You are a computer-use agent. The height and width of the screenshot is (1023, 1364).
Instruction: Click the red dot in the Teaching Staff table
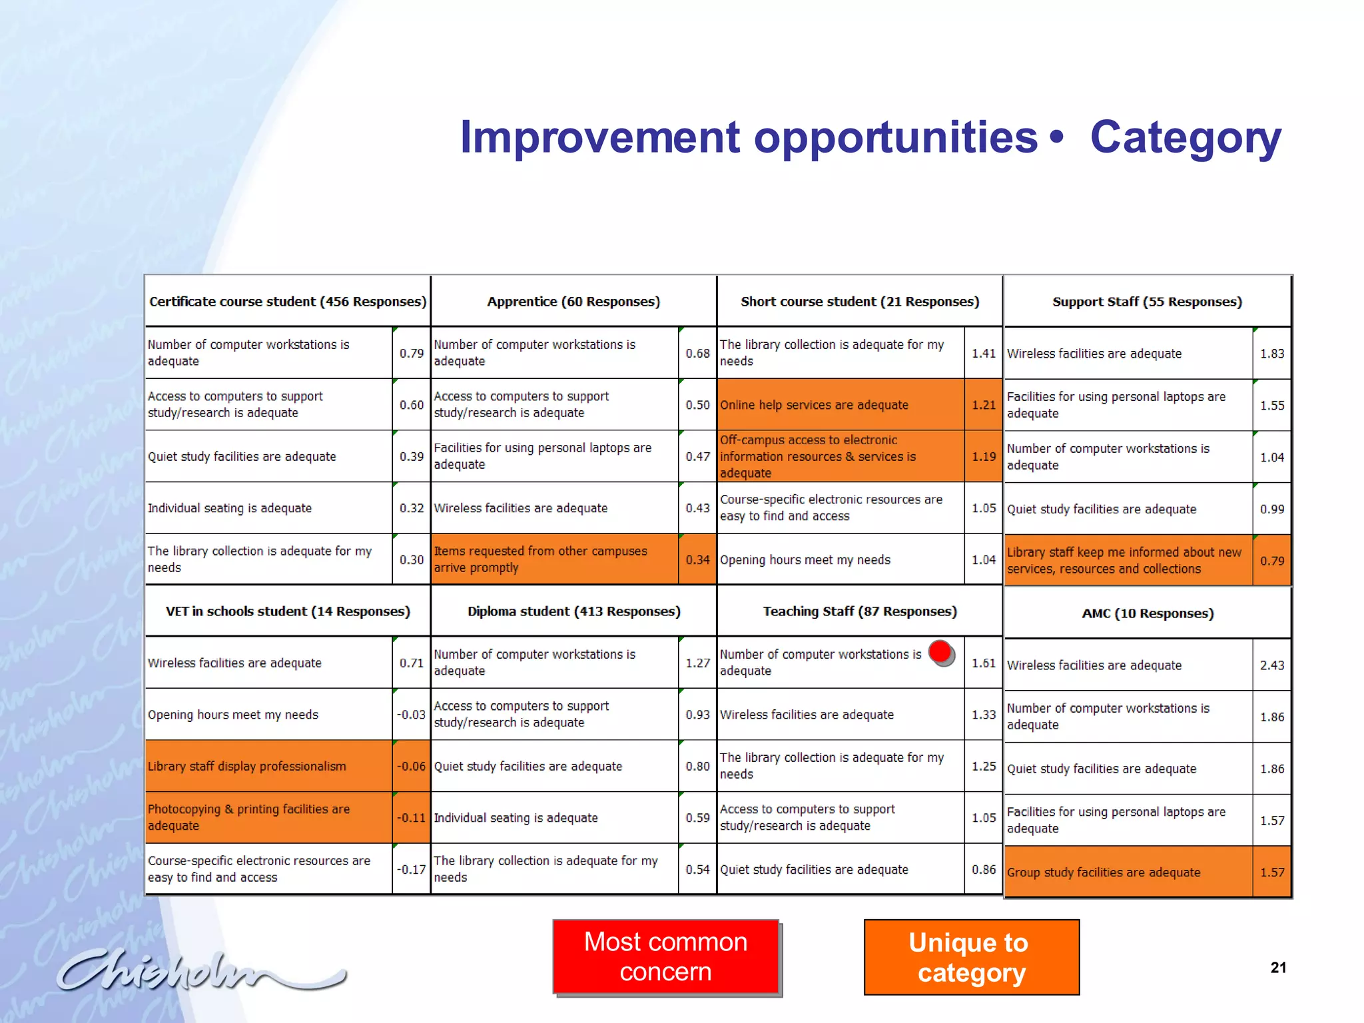tap(940, 652)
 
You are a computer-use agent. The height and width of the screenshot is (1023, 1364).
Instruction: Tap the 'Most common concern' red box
tap(665, 956)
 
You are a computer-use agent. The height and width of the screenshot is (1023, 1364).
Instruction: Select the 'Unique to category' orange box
tap(971, 957)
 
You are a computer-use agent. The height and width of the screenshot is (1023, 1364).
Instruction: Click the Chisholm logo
tap(200, 970)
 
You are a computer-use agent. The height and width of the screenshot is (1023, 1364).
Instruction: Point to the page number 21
tap(1277, 968)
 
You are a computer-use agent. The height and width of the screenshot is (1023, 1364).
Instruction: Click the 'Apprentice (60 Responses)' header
tap(573, 302)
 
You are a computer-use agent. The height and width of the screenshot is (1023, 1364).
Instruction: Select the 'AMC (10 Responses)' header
tap(1148, 613)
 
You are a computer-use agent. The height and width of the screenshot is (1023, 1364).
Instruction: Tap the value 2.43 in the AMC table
tap(1271, 665)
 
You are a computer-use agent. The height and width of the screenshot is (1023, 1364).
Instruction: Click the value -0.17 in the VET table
tap(411, 869)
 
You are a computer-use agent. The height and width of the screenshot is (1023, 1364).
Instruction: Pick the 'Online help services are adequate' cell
tap(814, 405)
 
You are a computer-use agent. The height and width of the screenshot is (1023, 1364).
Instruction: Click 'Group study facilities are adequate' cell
tap(1103, 872)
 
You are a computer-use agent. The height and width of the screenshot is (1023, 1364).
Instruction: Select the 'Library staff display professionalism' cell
tap(247, 767)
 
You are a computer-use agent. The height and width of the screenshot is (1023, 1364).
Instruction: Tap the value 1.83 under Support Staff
tap(1271, 354)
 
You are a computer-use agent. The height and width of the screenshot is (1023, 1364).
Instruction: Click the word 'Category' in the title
tap(1185, 137)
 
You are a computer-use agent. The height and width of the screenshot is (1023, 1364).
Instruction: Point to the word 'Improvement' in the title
tap(599, 137)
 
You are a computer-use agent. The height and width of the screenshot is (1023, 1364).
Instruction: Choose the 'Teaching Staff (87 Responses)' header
tap(860, 611)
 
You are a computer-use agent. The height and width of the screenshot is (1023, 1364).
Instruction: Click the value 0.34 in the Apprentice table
tap(697, 560)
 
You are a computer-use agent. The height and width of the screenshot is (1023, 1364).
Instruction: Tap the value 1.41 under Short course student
tap(983, 354)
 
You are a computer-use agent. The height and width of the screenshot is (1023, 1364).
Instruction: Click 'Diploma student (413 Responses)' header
tap(573, 611)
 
